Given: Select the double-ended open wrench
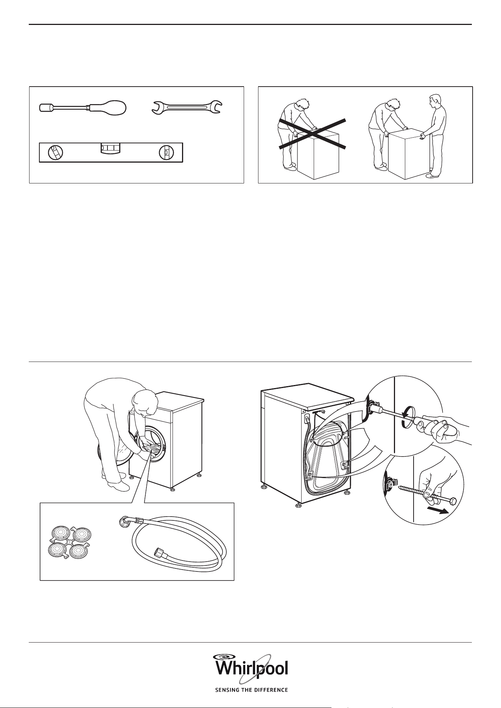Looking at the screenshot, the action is pyautogui.click(x=187, y=107).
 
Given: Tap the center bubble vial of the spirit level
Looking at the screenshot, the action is pyautogui.click(x=110, y=148).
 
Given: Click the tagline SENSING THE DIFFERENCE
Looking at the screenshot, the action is pyautogui.click(x=251, y=689).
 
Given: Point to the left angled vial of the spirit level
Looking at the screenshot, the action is pyautogui.click(x=56, y=152).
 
